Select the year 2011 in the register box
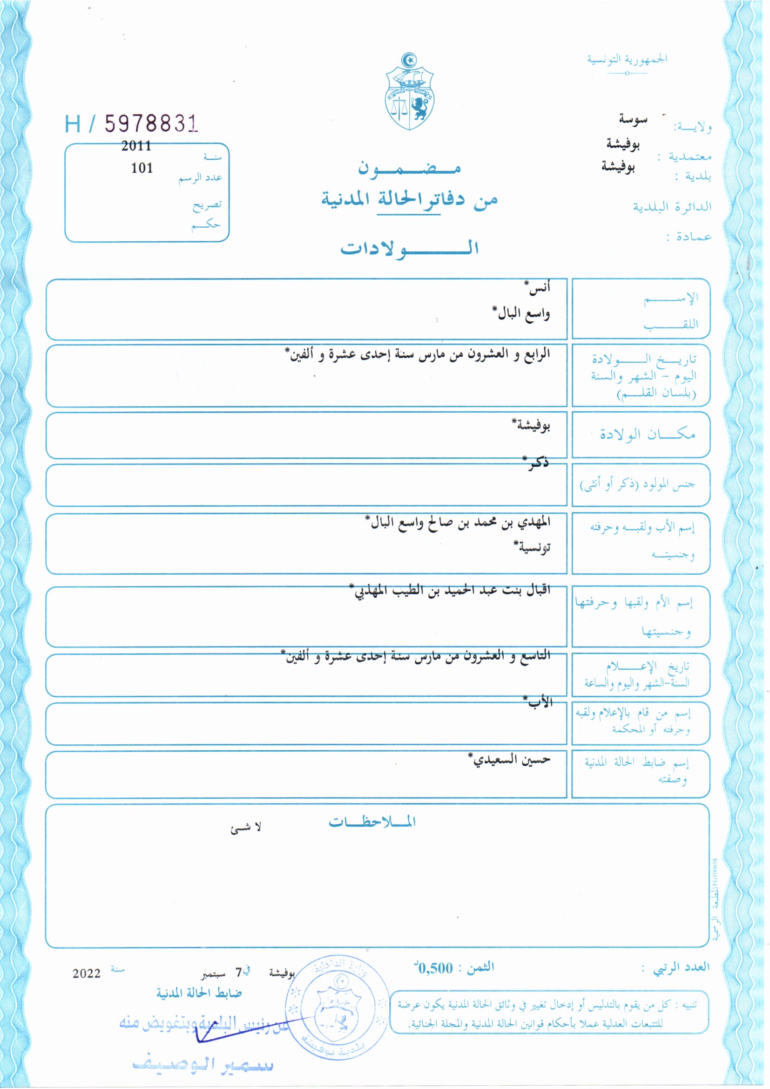[x=136, y=146]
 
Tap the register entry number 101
[x=142, y=168]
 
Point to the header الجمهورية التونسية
[x=627, y=59]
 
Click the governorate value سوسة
[x=633, y=120]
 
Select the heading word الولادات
[x=409, y=248]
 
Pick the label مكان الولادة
[x=647, y=434]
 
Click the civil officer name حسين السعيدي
[x=509, y=760]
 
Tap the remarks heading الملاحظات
[x=372, y=822]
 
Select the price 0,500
[x=435, y=967]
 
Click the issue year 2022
[x=86, y=974]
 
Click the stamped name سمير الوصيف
[x=203, y=1063]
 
